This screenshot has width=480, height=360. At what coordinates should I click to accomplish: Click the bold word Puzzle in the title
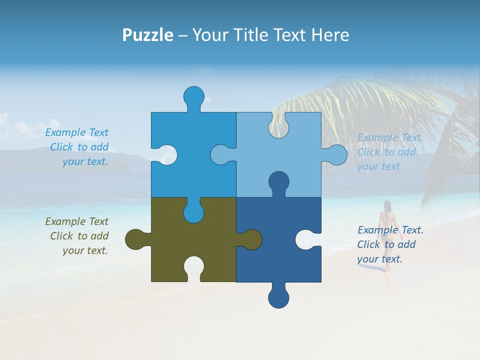click(x=147, y=35)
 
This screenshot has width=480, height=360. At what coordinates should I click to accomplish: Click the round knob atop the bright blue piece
click(x=193, y=96)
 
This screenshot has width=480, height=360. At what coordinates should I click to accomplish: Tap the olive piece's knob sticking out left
click(x=135, y=239)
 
